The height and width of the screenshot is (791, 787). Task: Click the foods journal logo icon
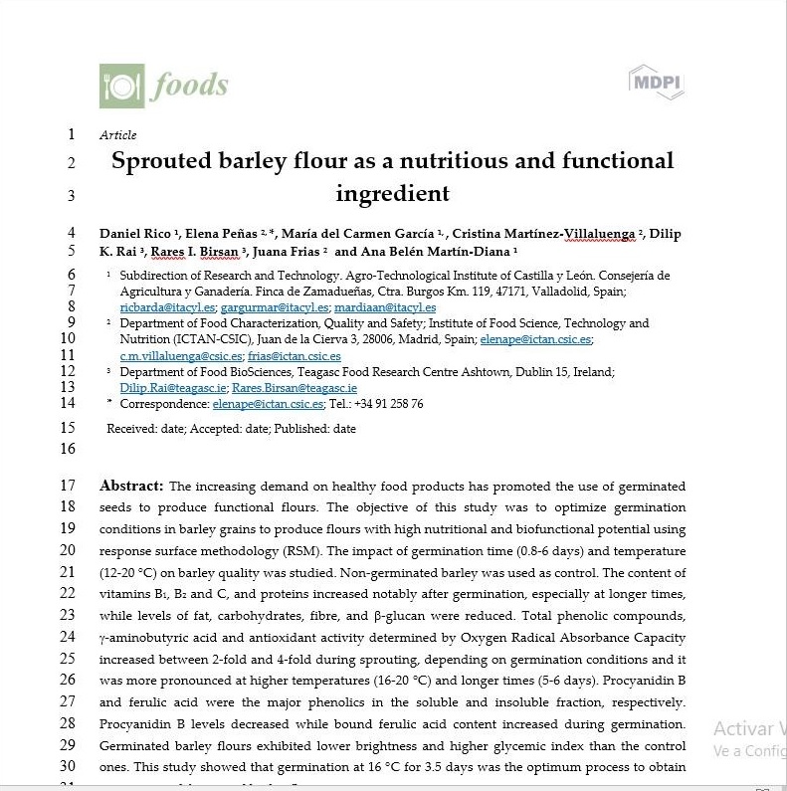coord(121,86)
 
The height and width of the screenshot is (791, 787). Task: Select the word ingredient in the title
coord(392,193)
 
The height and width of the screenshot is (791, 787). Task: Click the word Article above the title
coord(118,135)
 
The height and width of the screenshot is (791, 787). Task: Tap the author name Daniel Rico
coord(137,234)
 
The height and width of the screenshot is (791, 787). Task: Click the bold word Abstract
coord(131,486)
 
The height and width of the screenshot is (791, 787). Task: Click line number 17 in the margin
coord(68,486)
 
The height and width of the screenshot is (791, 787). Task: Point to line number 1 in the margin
coord(71,134)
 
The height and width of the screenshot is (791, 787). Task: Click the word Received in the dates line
coord(132,428)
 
